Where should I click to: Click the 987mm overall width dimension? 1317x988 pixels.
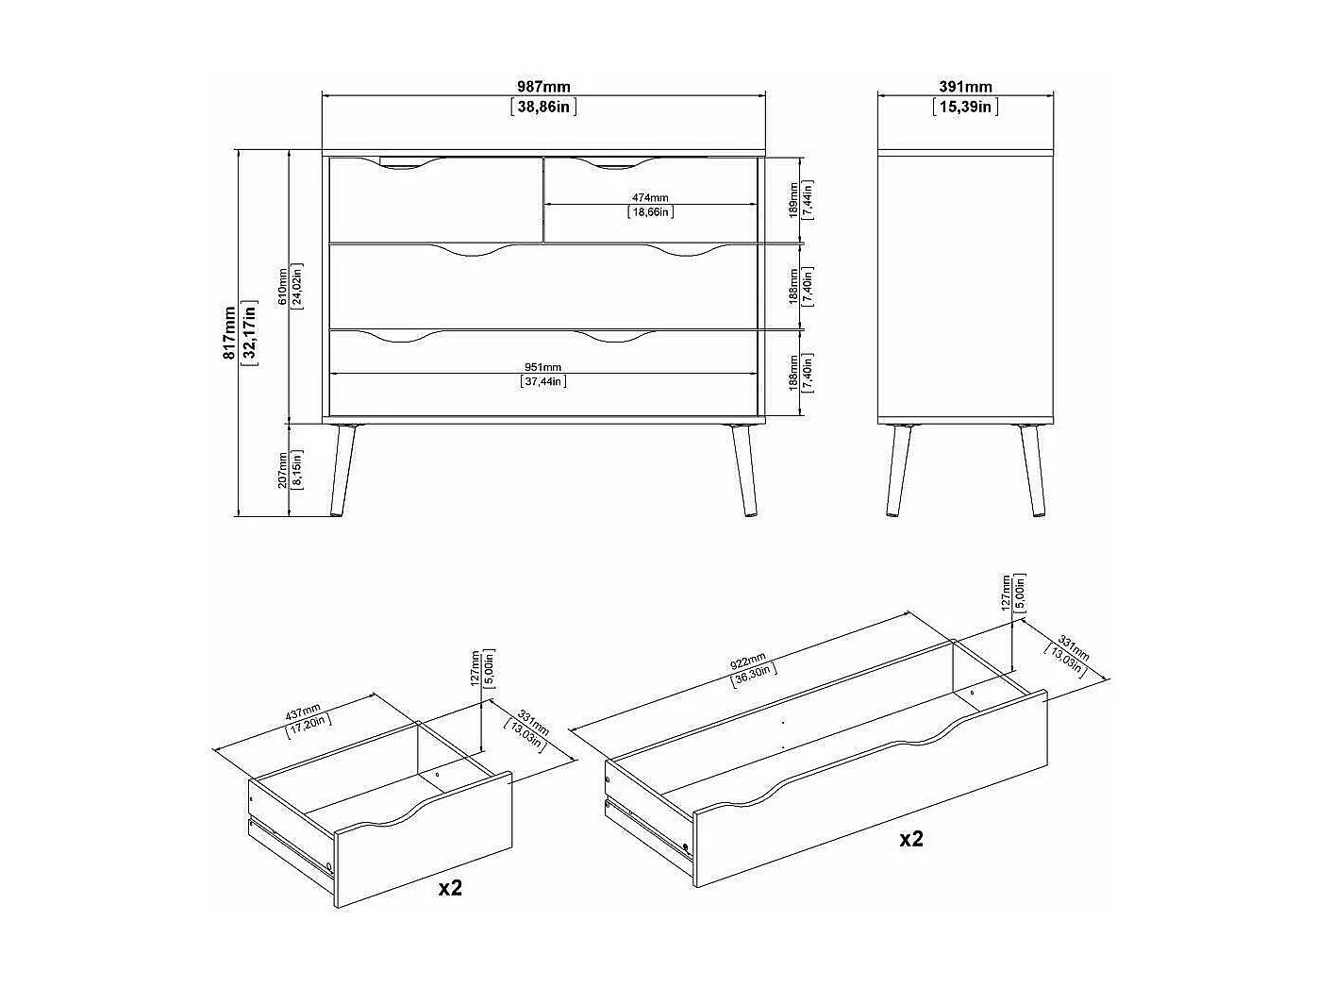coord(543,87)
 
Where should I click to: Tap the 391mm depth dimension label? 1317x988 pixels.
coord(965,87)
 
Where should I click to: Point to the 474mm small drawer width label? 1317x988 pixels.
coord(650,197)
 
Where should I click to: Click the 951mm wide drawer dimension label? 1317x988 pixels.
coord(542,367)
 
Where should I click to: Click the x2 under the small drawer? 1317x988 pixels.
coord(451,887)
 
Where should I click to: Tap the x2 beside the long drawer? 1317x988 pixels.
coord(910,838)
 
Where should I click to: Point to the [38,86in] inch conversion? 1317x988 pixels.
coord(543,107)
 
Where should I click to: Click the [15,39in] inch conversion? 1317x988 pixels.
coord(965,107)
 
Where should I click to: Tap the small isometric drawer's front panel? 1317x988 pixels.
coord(425,839)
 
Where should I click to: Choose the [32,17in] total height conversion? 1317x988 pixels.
coord(250,332)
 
